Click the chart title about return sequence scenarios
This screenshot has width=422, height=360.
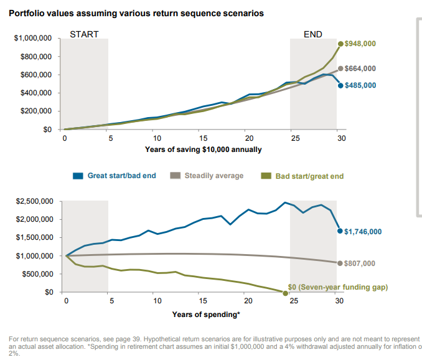click(x=136, y=12)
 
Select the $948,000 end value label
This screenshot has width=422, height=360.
click(x=360, y=44)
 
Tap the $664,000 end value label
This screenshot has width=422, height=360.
click(x=360, y=69)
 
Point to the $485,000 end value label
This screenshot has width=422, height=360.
click(x=360, y=85)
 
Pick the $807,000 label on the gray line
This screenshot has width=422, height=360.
click(x=360, y=263)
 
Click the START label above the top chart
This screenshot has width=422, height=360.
click(x=83, y=34)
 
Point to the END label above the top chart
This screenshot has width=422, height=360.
click(x=312, y=34)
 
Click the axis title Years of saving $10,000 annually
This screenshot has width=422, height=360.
click(x=203, y=149)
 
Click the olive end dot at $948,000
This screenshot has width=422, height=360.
click(x=340, y=44)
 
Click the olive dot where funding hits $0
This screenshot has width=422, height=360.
click(x=286, y=293)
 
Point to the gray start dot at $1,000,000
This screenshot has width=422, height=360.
click(x=65, y=255)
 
